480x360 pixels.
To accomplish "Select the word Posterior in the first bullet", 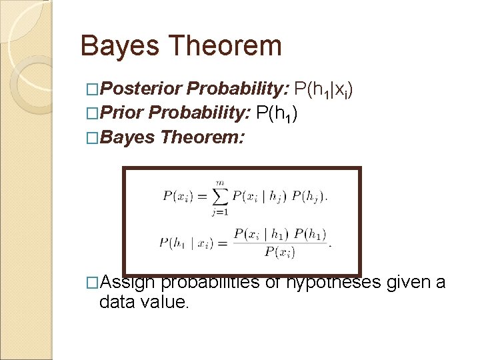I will pos(141,89).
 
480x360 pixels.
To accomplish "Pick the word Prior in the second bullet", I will pos(123,113).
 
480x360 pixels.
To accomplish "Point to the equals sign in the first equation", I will pos(201,196).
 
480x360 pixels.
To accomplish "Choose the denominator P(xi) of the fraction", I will pos(279,251).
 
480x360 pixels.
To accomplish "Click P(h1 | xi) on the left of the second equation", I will pos(186,242).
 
